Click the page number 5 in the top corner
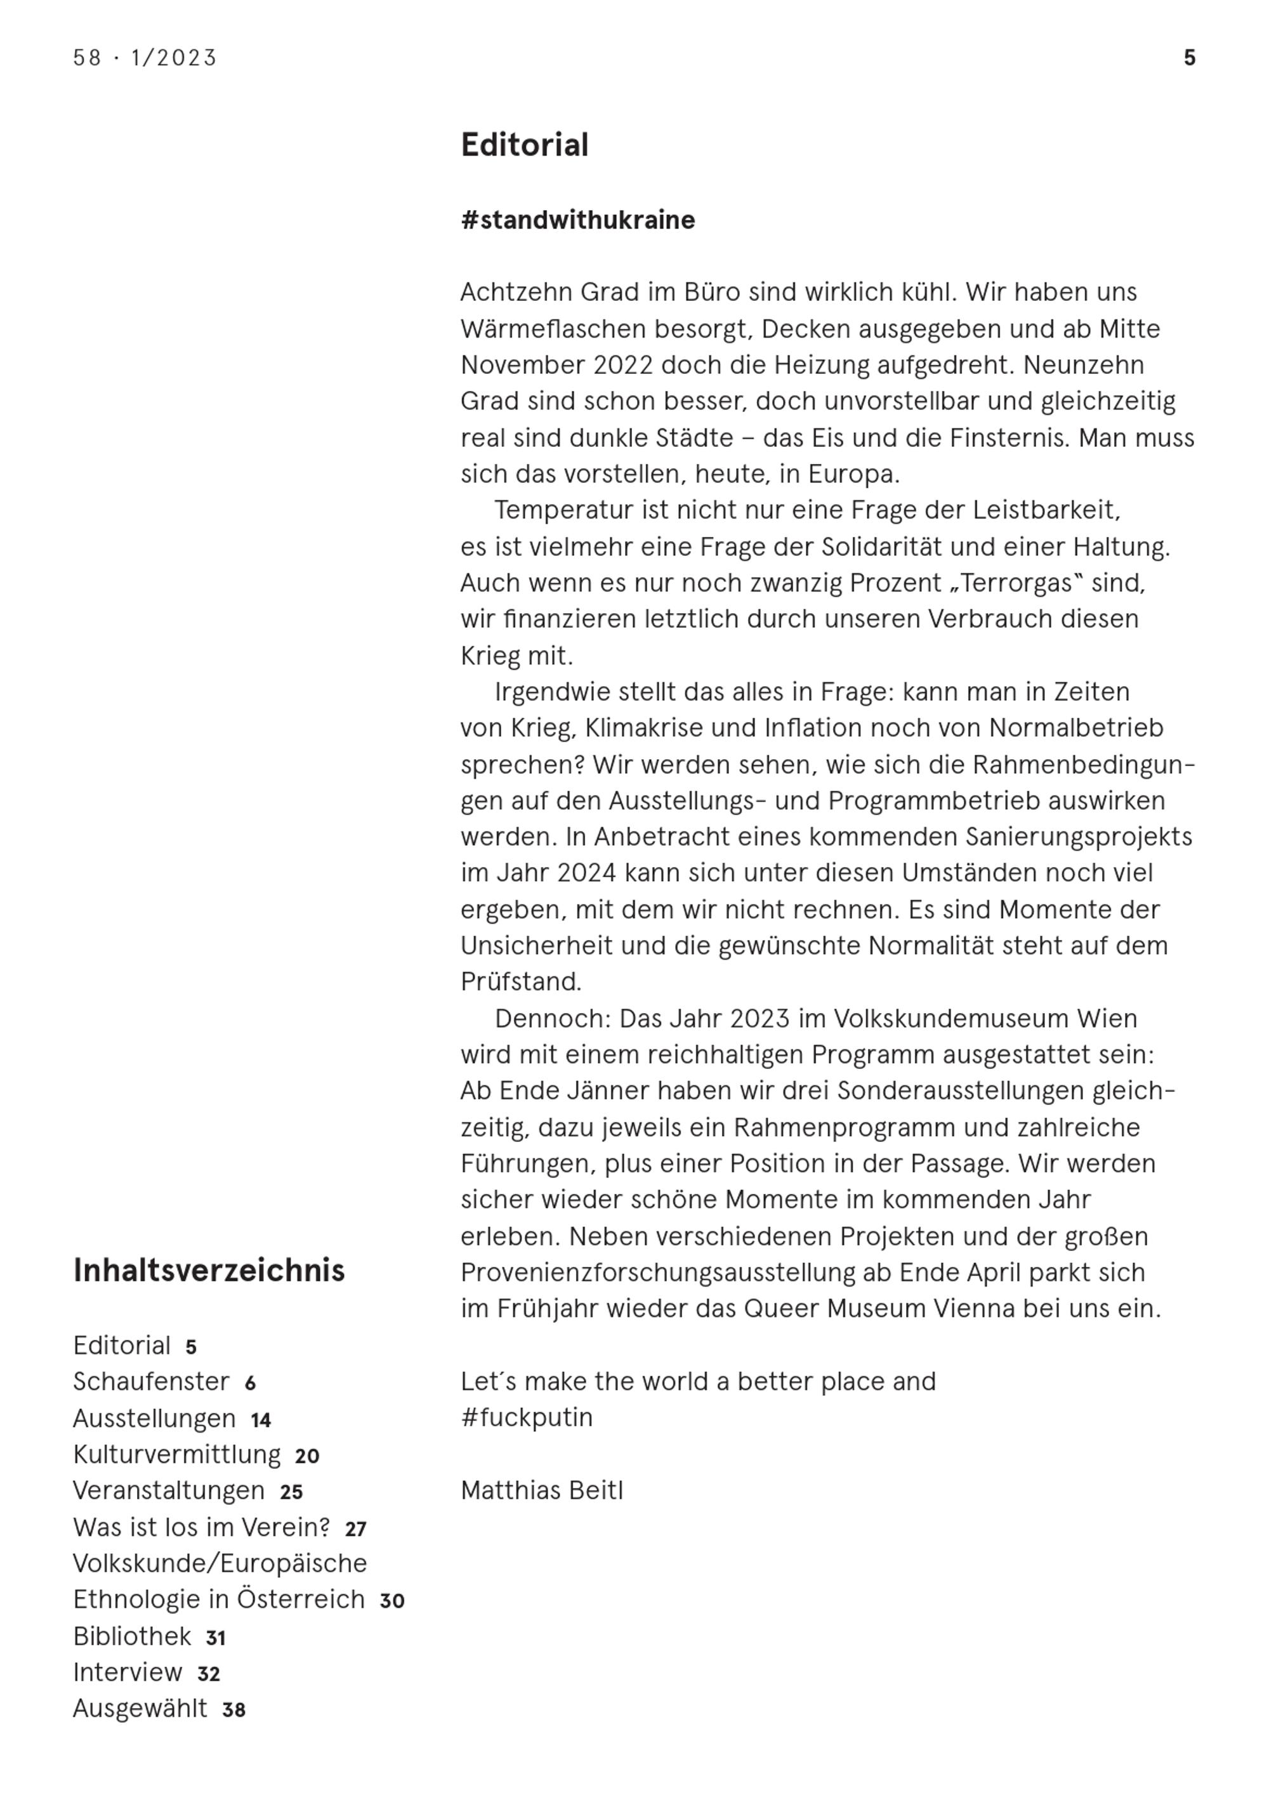tap(1189, 58)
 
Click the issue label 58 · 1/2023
tap(145, 58)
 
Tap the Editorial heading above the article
tap(524, 145)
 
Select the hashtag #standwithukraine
tap(577, 220)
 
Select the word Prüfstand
tap(521, 982)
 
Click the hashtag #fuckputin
tap(527, 1417)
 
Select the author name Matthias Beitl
tap(541, 1490)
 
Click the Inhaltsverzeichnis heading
tap(209, 1271)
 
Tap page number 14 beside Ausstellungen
tap(261, 1420)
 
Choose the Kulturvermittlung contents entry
tap(176, 1454)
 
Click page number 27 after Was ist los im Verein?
tap(355, 1529)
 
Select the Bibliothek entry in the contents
tap(132, 1636)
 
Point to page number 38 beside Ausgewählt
tap(234, 1710)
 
